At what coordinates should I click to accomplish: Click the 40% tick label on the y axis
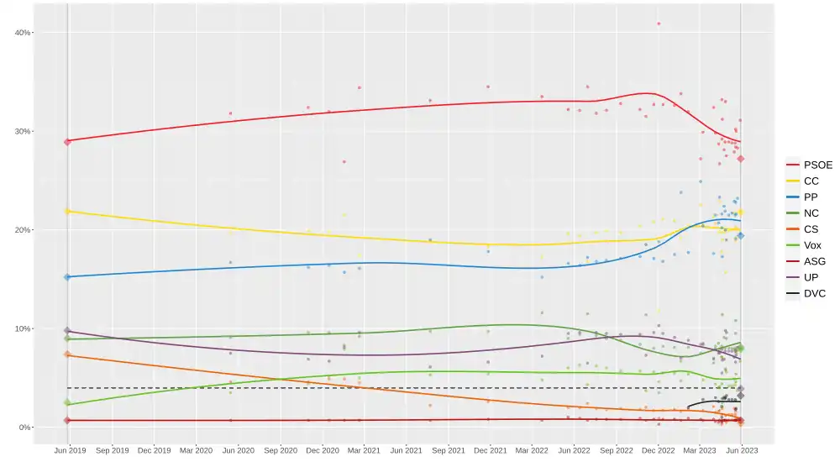click(x=21, y=33)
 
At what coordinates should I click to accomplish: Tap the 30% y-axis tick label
click(x=21, y=131)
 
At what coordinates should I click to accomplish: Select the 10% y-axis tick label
click(x=21, y=328)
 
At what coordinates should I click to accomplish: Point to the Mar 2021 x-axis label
click(x=364, y=451)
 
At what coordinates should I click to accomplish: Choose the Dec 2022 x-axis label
click(x=659, y=451)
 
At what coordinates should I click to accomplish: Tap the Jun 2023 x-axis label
click(x=742, y=451)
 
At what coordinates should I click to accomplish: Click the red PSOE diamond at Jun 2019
click(x=67, y=141)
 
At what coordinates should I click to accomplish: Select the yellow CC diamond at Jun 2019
click(x=67, y=211)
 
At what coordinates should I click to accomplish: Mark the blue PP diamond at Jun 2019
click(x=67, y=276)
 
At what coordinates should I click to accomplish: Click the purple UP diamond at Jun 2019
click(x=67, y=331)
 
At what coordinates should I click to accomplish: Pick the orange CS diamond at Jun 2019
click(x=67, y=354)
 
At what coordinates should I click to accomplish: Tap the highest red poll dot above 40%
click(x=659, y=24)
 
